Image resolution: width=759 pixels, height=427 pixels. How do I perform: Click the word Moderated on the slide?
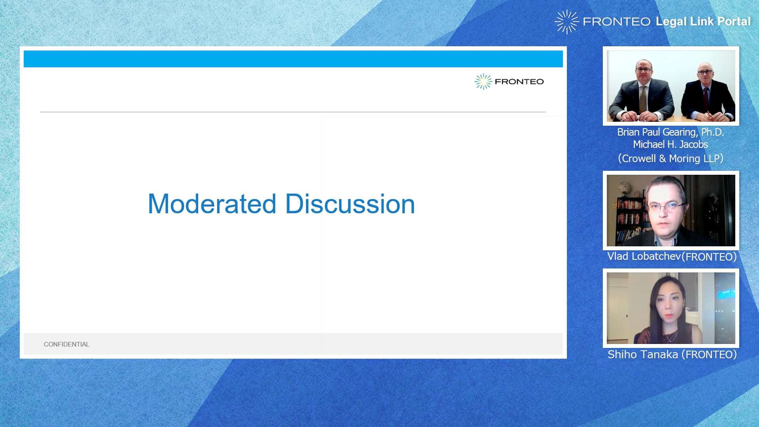pos(212,204)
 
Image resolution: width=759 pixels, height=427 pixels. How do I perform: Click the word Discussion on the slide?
pos(350,204)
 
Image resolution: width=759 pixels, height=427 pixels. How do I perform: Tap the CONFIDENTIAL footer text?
pos(66,344)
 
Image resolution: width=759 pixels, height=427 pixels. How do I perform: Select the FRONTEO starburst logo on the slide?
pos(483,81)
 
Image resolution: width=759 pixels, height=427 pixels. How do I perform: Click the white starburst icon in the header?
pos(566,22)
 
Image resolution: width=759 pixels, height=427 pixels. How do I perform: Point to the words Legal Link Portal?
pos(703,21)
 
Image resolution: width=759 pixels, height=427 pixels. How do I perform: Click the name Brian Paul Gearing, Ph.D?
pos(670,132)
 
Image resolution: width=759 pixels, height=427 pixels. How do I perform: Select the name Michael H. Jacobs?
pos(670,144)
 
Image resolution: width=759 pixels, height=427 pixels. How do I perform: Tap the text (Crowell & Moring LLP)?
pos(670,159)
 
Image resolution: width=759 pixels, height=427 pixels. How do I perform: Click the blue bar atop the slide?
pos(293,59)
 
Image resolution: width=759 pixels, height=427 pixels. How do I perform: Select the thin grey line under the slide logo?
pos(293,112)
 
